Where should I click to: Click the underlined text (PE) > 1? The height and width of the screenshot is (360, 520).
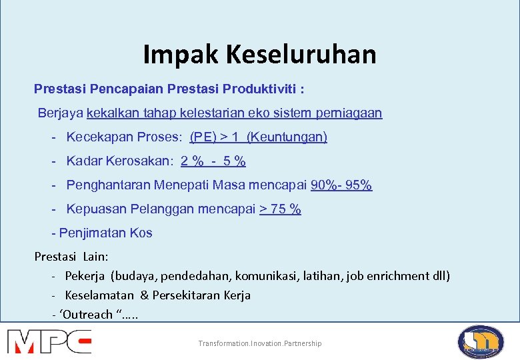(x=215, y=137)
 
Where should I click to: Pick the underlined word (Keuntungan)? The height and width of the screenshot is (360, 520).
(x=287, y=137)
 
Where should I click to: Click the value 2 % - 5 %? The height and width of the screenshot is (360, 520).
(x=213, y=161)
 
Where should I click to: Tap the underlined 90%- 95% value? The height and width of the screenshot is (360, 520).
(x=341, y=185)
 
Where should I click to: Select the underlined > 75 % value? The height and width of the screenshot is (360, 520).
(x=280, y=209)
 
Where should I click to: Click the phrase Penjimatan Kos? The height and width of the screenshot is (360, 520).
(x=105, y=233)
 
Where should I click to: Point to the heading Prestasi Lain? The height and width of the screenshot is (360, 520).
(x=71, y=257)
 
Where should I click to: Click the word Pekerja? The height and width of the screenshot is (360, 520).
(x=85, y=275)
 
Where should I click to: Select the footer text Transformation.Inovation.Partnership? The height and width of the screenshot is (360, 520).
(x=259, y=343)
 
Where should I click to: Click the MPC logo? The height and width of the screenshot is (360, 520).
(x=50, y=341)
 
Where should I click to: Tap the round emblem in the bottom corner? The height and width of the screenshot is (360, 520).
(x=481, y=341)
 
